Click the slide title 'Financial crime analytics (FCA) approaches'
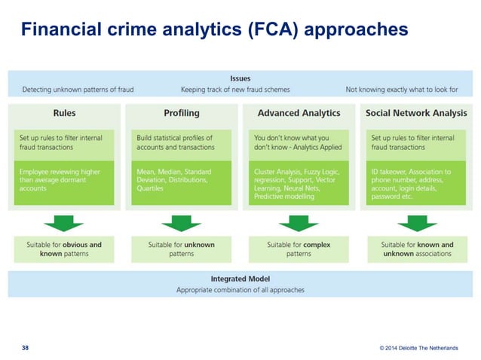coord(214,29)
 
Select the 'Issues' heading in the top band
coord(240,78)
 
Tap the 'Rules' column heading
coord(65,113)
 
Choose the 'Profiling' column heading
coord(181,113)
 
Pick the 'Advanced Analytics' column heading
coord(299,113)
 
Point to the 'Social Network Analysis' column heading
coord(415,113)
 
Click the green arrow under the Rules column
coord(65,223)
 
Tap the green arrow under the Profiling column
coord(181,223)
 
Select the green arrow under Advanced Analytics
coord(299,223)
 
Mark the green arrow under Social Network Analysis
coord(415,223)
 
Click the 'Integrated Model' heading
coord(240,278)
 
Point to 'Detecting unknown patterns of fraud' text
coord(78,90)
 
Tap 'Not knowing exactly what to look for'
coord(402,90)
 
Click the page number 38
coord(26,347)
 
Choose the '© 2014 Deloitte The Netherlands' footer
coord(418,348)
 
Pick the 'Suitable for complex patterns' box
coord(299,249)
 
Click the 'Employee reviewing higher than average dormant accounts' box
coord(65,182)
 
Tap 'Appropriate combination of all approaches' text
coord(240,289)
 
